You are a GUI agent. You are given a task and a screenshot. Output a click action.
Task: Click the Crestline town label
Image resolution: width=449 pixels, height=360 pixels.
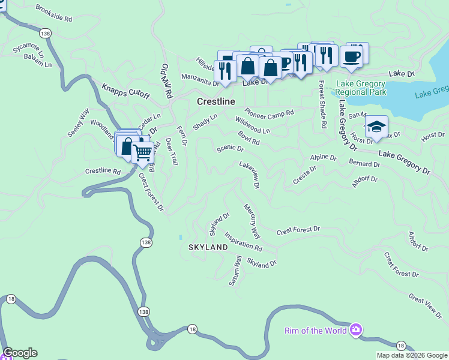click(x=215, y=102)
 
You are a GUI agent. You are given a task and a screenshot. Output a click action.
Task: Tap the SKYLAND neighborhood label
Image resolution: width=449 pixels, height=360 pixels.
click(x=208, y=247)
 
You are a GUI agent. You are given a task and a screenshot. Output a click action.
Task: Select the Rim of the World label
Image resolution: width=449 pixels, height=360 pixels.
click(x=316, y=330)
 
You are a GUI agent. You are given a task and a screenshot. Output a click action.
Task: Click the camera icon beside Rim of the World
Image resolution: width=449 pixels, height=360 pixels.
click(x=356, y=329)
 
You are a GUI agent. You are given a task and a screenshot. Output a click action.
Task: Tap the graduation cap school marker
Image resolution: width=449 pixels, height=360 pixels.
click(x=376, y=127)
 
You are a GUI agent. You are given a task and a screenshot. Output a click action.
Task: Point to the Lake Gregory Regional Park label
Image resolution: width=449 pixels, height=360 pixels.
click(x=361, y=88)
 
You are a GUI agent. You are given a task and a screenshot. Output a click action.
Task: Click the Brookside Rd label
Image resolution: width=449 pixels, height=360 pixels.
click(x=53, y=14)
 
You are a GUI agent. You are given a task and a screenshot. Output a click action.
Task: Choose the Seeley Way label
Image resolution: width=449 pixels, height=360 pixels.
click(x=78, y=122)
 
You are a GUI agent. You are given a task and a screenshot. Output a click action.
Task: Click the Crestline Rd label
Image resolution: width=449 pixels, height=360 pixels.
click(x=103, y=171)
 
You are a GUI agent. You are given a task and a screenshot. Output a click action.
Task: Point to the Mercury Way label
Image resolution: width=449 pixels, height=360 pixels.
click(x=252, y=220)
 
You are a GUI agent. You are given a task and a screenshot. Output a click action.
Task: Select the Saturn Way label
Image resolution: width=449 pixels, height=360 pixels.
click(x=235, y=271)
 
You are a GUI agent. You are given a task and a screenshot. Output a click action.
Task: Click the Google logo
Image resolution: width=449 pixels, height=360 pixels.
click(x=20, y=353)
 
